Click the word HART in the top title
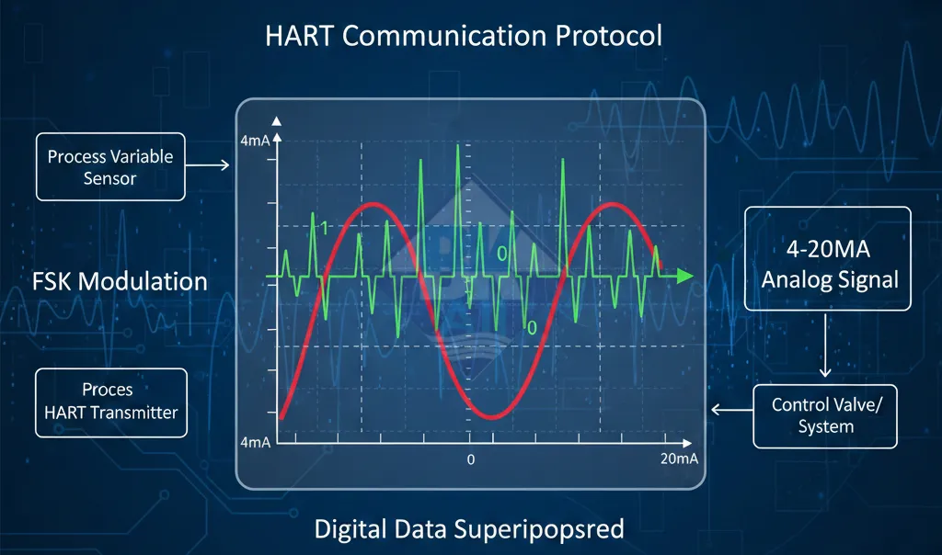click(299, 36)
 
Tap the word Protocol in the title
click(609, 36)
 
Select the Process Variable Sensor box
click(110, 167)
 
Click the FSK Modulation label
click(120, 281)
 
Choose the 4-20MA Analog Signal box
click(828, 258)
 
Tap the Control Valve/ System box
click(825, 416)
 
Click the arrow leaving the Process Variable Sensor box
click(207, 164)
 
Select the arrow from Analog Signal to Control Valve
click(825, 345)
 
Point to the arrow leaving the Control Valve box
click(731, 410)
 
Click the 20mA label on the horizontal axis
click(680, 459)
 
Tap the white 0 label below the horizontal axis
click(471, 459)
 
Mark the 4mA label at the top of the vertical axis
click(255, 141)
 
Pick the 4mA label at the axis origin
click(256, 443)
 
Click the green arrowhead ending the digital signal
click(684, 276)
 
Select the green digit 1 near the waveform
click(325, 228)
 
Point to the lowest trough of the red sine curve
click(493, 416)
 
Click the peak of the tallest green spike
click(458, 144)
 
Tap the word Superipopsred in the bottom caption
click(539, 530)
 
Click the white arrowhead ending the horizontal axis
click(687, 444)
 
